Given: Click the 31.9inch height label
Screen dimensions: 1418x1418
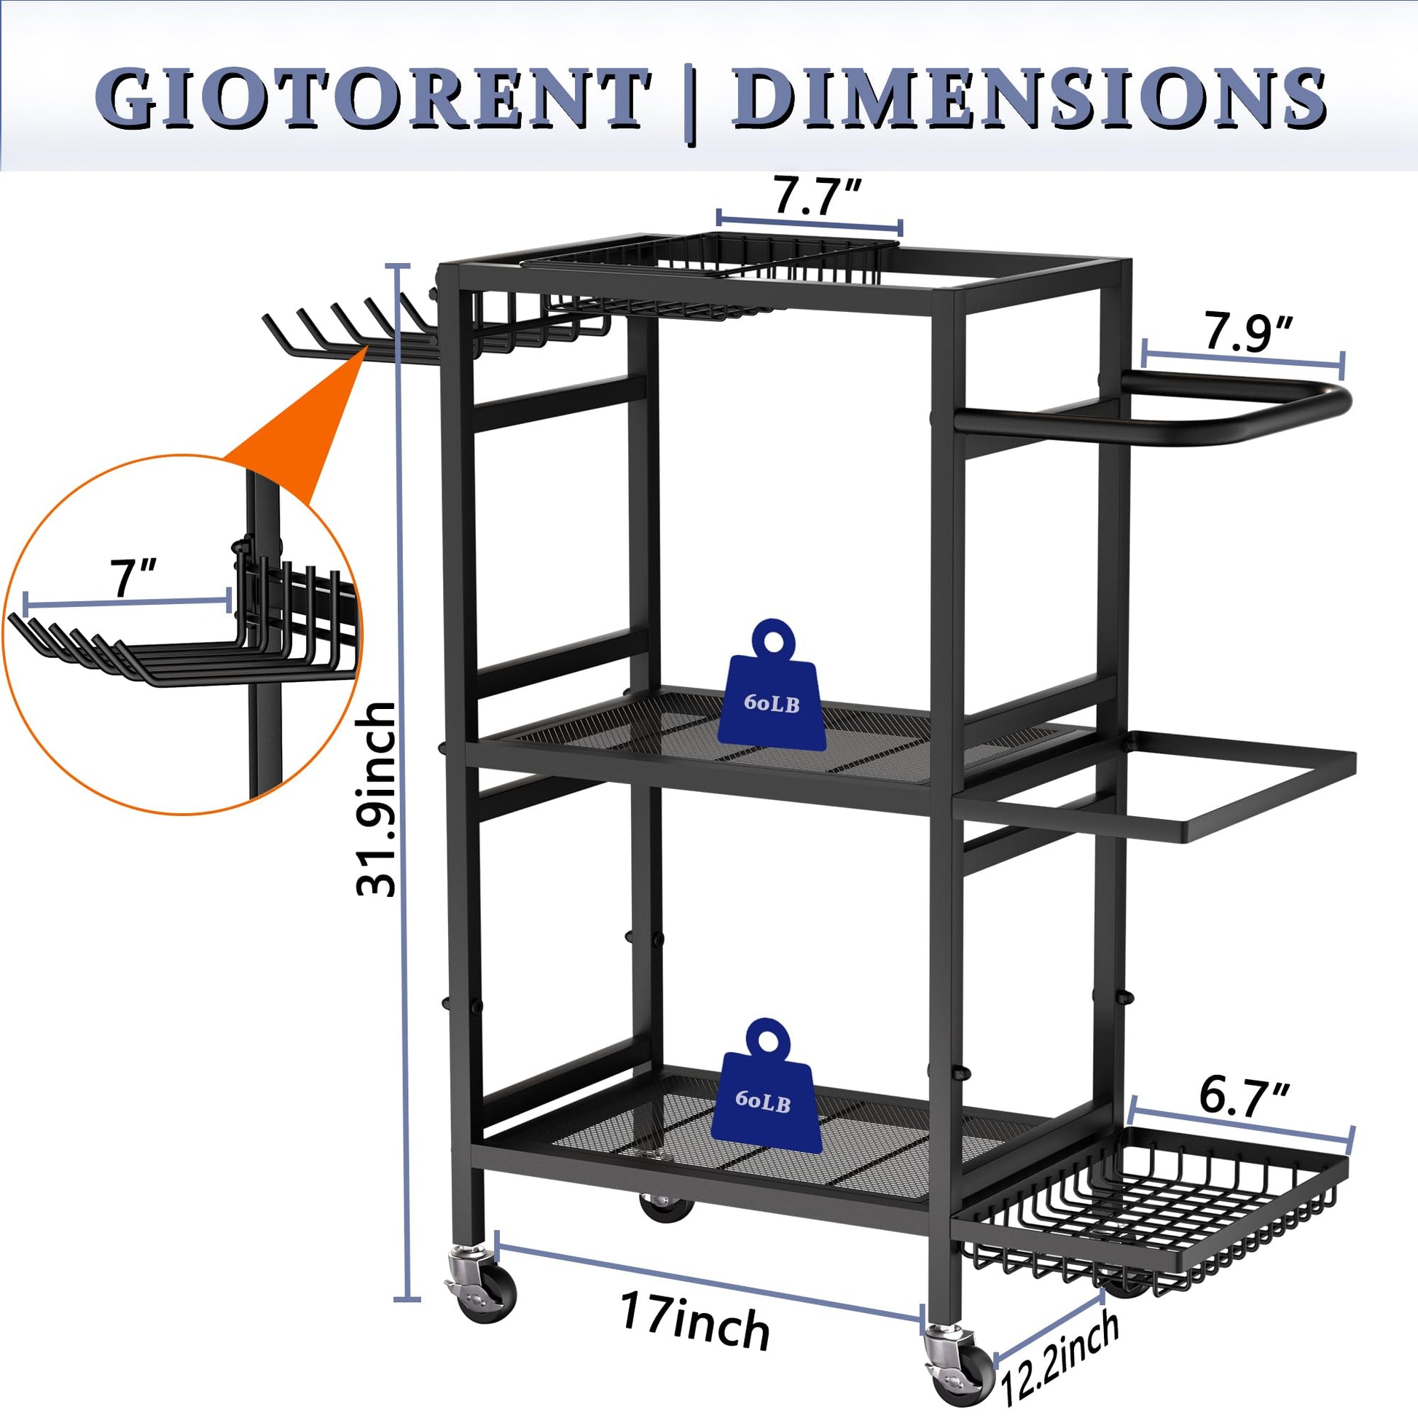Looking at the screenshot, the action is pos(376,799).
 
